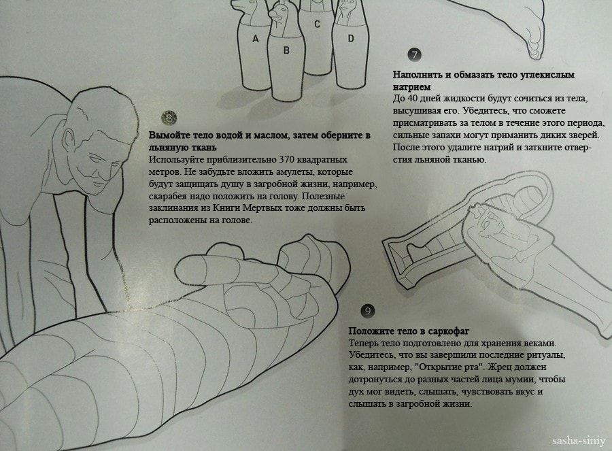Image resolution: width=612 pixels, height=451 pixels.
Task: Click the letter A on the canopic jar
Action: click(x=256, y=39)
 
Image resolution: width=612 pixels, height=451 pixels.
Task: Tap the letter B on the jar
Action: click(x=286, y=50)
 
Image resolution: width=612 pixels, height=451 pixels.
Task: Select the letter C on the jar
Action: click(x=317, y=24)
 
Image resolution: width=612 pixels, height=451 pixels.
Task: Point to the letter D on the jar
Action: click(x=351, y=38)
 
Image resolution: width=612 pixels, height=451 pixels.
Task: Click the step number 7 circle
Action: click(x=415, y=54)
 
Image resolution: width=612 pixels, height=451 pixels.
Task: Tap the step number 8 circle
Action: click(x=170, y=118)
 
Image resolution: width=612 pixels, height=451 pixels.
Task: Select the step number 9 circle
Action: click(x=367, y=311)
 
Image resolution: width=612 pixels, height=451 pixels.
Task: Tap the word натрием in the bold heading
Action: click(x=411, y=86)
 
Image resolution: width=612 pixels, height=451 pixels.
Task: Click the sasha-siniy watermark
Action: click(x=579, y=441)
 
